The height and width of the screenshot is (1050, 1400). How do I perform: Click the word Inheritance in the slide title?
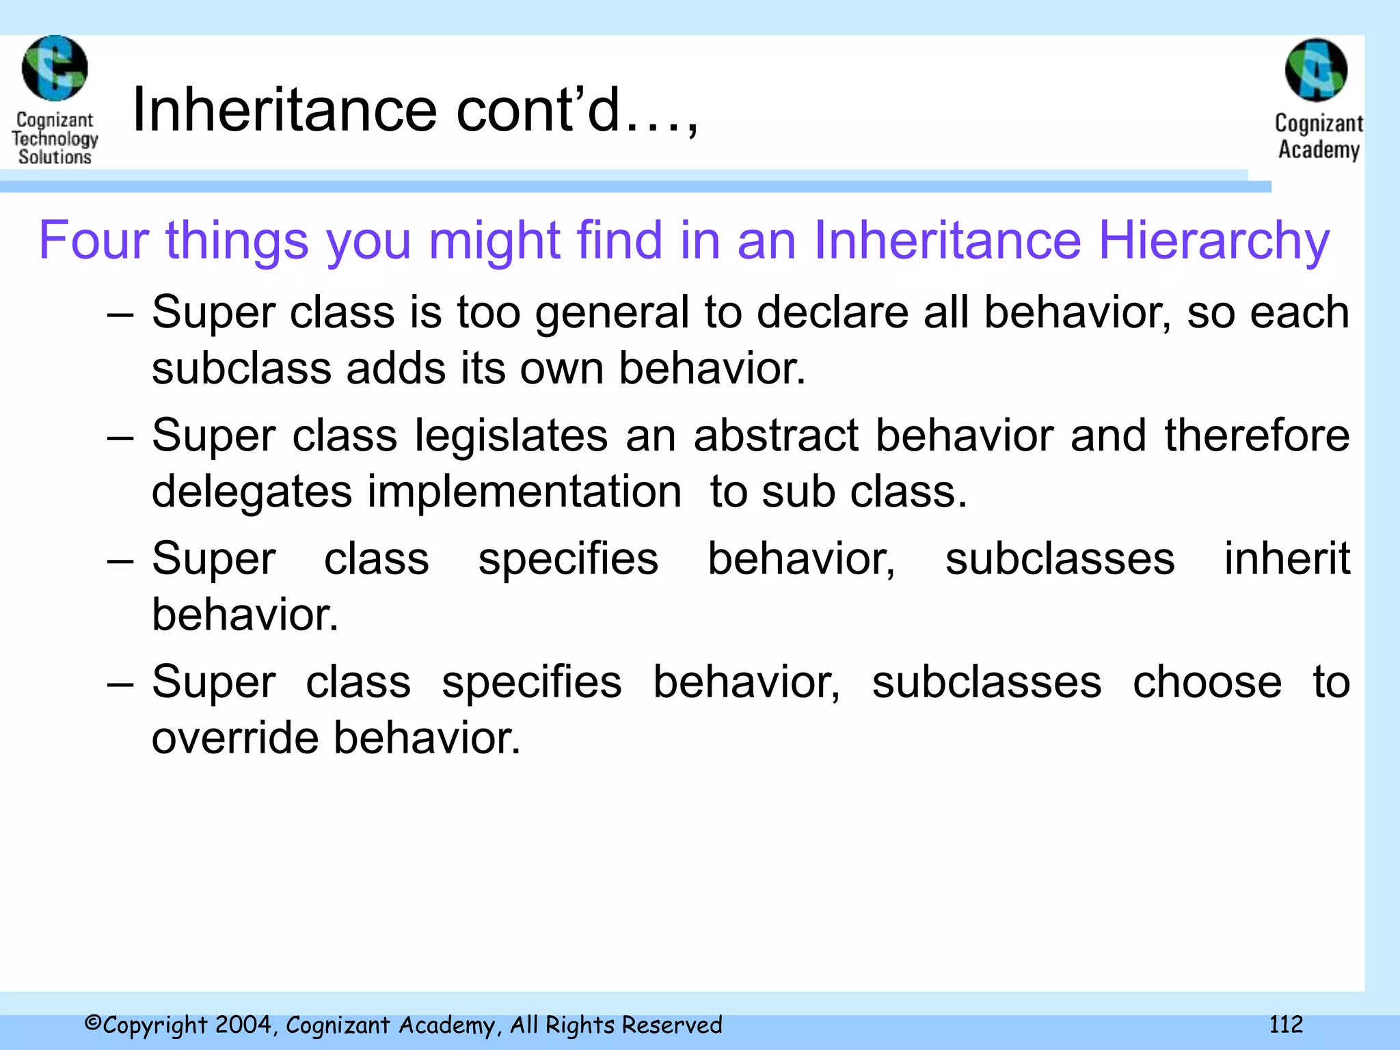284,111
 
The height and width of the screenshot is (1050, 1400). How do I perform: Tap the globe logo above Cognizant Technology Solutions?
55,68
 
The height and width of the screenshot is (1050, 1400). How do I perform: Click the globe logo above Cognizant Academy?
1316,70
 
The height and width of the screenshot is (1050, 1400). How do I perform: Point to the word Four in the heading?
94,241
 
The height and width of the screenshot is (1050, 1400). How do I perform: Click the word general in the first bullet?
611,313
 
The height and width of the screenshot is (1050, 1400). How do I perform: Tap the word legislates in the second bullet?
511,436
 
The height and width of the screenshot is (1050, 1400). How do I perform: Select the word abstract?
776,436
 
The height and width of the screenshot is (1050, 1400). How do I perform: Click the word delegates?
252,492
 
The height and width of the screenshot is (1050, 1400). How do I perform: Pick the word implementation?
524,492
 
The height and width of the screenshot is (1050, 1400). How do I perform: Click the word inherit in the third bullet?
1287,559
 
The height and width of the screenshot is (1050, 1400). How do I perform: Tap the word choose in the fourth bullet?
1207,682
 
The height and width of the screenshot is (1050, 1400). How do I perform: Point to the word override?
235,738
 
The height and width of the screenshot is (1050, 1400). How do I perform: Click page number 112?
1286,1024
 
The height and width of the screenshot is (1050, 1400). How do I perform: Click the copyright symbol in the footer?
93,1023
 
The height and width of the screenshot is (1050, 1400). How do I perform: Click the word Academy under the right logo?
1319,150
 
